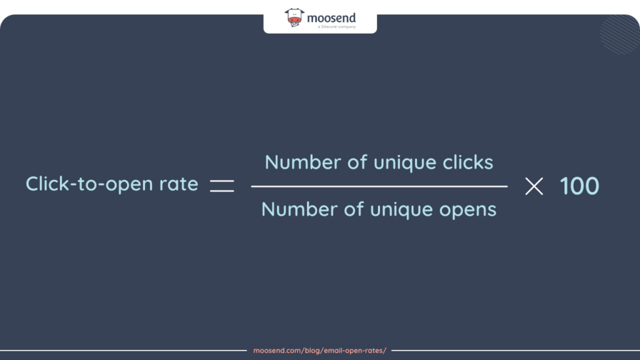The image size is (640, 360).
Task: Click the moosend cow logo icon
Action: [x=294, y=17]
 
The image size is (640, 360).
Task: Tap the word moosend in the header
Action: [x=331, y=18]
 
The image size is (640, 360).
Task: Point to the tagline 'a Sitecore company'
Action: [x=336, y=27]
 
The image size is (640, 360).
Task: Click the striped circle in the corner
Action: [x=619, y=34]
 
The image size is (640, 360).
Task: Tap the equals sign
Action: [x=222, y=186]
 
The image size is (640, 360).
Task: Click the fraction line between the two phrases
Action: [x=379, y=186]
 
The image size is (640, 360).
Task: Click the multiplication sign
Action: [x=534, y=186]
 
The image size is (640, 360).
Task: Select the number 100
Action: [x=579, y=186]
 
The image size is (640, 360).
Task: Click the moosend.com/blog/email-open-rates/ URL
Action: [x=319, y=351]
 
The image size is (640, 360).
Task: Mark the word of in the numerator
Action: [x=357, y=162]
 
